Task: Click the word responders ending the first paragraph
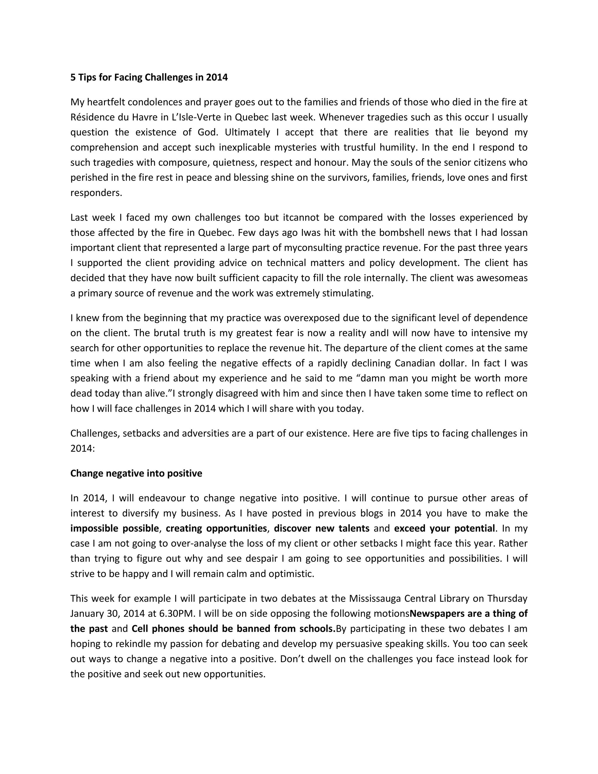pos(96,193)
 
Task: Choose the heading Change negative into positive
pos(136,473)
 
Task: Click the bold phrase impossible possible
pos(114,528)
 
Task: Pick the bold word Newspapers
pos(437,613)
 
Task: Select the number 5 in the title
pos(73,78)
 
